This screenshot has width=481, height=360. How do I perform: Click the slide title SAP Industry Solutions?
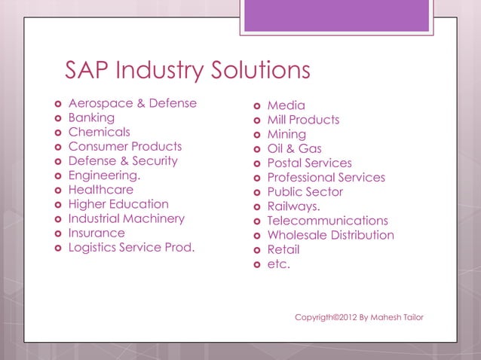[188, 71]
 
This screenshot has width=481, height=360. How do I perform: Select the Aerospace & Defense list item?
[132, 103]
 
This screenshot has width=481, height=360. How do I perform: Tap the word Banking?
[91, 117]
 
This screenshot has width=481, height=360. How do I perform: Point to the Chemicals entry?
[99, 132]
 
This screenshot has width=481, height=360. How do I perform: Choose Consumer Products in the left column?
[124, 146]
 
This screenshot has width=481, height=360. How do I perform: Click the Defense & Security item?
[123, 160]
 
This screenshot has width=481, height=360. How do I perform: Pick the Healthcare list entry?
[100, 190]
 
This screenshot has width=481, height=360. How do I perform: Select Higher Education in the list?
[118, 204]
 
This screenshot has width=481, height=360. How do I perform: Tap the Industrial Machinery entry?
[126, 218]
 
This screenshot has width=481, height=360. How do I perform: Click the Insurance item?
[97, 233]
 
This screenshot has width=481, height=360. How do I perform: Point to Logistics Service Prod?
[131, 247]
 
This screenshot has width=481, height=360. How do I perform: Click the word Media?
[286, 105]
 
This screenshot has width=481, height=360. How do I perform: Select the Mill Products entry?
[303, 120]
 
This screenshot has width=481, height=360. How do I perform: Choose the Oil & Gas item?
[294, 148]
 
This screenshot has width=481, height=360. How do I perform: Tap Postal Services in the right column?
[309, 163]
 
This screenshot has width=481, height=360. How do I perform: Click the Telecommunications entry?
[327, 221]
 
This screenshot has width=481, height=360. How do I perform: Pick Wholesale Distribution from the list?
[330, 235]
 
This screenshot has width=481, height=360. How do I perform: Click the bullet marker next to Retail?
[257, 250]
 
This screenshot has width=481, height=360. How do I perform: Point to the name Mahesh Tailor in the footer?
[397, 317]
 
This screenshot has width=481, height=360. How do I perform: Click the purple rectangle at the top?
[336, 15]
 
